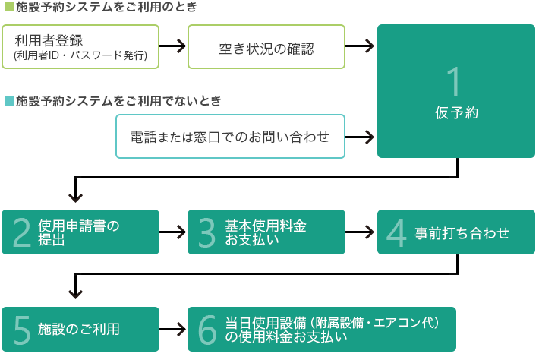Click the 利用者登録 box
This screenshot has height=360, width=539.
80,47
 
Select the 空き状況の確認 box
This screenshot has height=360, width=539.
266,47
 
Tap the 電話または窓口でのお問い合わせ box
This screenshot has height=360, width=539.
230,137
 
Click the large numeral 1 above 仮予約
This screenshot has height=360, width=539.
454,81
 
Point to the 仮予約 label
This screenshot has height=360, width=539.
456,112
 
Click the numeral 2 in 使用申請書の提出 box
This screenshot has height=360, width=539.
22,232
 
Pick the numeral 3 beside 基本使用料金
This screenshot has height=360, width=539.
207,232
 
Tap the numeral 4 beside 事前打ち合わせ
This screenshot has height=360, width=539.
396,232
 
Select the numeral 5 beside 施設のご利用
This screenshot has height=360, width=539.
22,330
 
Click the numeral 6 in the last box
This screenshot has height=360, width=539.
207,330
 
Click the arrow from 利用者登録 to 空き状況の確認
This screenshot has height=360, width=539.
172,46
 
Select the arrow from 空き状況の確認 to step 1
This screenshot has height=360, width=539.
360,46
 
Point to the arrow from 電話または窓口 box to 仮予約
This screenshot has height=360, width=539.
360,137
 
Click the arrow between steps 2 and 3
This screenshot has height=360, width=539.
172,232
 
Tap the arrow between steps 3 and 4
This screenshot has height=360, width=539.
360,232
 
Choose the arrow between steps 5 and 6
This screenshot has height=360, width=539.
172,330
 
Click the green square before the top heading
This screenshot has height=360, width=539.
10,7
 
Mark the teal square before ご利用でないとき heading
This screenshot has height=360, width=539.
10,101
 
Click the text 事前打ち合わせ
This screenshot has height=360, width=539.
462,233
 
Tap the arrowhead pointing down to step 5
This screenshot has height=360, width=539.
75,293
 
